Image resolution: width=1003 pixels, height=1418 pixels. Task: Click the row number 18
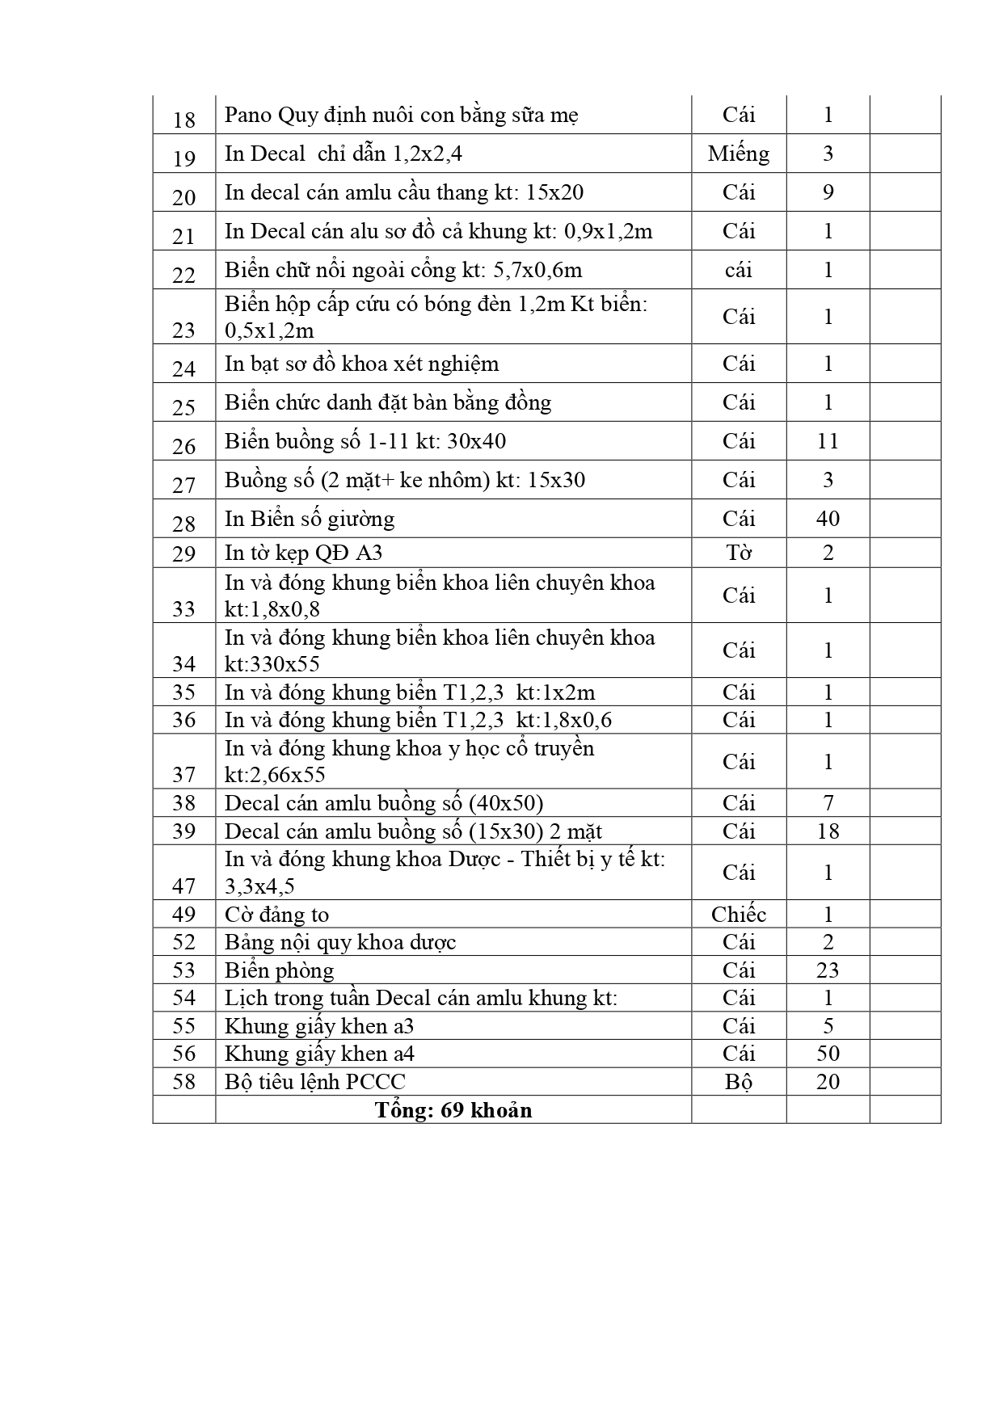coord(184,120)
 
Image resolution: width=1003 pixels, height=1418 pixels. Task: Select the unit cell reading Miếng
coord(738,154)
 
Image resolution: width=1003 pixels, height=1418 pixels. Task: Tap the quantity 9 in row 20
coord(828,192)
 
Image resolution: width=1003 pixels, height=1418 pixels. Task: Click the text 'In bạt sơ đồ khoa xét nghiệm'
coord(361,364)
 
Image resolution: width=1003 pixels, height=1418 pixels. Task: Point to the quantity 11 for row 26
coord(828,441)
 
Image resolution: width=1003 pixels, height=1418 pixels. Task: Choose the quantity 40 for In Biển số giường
coord(828,519)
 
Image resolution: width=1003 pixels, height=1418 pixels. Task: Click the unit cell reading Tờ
coord(738,553)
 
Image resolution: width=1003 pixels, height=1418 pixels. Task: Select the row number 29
coord(184,553)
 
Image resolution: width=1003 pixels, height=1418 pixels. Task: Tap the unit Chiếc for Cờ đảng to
coord(738,915)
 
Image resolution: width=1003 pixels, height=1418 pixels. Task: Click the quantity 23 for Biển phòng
coord(828,970)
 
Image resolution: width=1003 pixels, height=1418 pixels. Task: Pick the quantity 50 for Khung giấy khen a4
coord(828,1054)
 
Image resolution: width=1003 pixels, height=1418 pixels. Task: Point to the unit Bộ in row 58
coord(738,1082)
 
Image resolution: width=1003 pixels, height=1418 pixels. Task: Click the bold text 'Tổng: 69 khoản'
coord(453,1110)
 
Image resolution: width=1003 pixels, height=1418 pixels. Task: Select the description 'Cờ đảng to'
coord(276,915)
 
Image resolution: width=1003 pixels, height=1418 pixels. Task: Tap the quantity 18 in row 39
coord(828,831)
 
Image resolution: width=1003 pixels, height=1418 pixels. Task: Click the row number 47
coord(184,886)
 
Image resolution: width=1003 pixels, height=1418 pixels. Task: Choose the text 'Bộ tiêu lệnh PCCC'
coord(314,1082)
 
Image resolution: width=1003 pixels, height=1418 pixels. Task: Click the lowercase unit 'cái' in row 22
coord(738,270)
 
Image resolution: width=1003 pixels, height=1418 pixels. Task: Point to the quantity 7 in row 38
coord(828,803)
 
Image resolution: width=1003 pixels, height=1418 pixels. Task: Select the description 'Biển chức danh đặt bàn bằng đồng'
coord(387,402)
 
